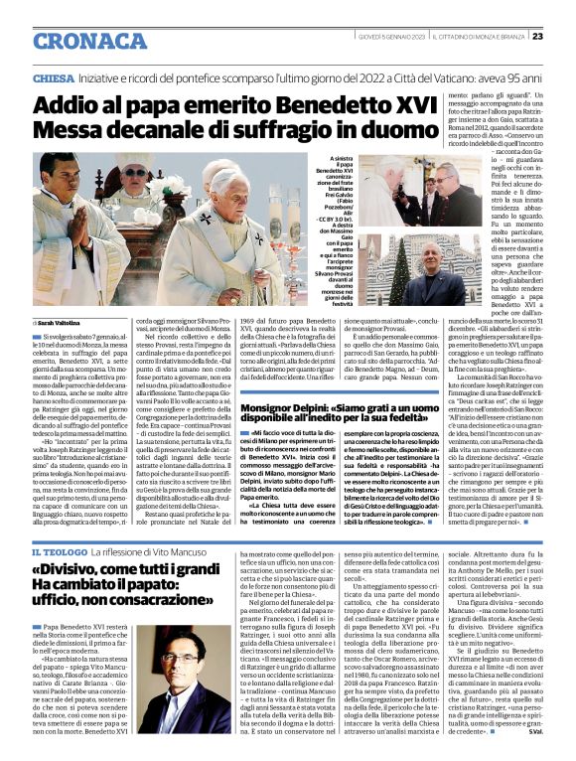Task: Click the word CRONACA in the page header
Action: click(91, 40)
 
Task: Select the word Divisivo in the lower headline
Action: click(78, 571)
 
